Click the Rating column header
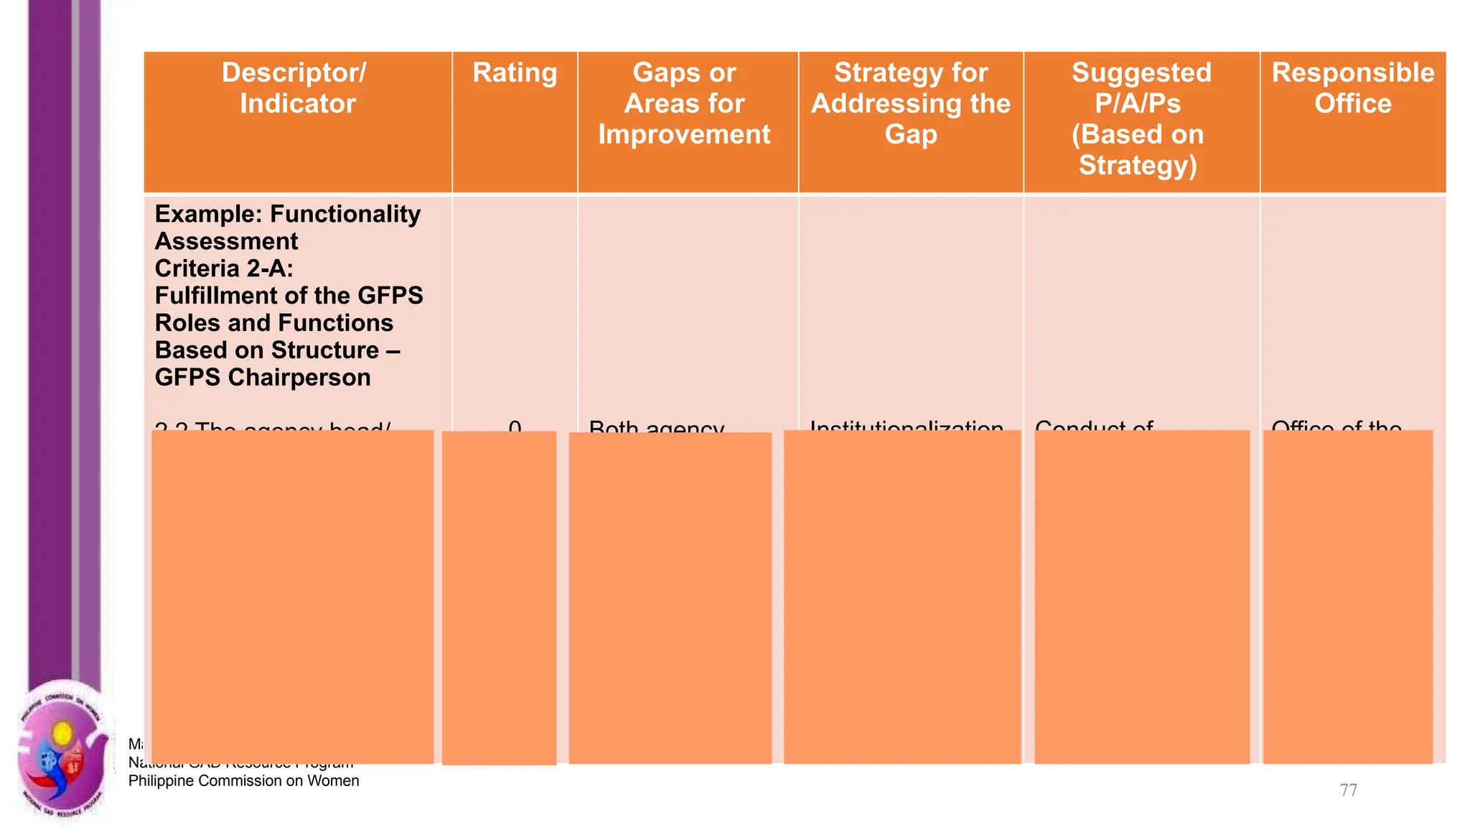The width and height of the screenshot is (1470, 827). click(x=515, y=73)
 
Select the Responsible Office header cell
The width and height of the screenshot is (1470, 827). click(x=1352, y=88)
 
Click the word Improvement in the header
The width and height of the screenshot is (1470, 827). click(x=684, y=135)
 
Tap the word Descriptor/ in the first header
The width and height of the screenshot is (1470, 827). click(x=294, y=73)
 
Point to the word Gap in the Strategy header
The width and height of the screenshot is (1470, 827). click(x=910, y=135)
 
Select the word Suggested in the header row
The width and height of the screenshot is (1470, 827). click(x=1141, y=73)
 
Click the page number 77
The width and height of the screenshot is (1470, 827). click(x=1348, y=790)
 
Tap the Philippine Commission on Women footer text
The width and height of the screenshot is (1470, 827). click(x=243, y=781)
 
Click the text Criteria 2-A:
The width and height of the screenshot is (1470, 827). click(x=224, y=268)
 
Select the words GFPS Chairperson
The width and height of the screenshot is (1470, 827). click(x=263, y=378)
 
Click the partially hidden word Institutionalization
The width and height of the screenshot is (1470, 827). click(x=906, y=426)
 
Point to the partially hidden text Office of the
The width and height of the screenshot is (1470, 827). click(x=1336, y=426)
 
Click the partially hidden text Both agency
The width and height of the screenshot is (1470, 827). click(x=656, y=426)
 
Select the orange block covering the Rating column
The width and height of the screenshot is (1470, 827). click(x=499, y=597)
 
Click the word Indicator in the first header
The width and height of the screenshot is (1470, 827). click(x=297, y=104)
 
